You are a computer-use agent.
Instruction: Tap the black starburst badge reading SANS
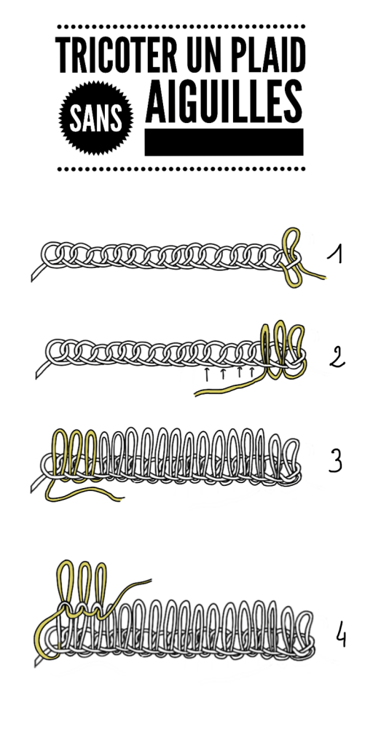(x=96, y=118)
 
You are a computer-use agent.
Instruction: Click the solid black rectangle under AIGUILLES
(x=224, y=142)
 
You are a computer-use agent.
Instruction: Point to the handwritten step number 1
(x=335, y=254)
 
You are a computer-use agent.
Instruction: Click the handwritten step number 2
(x=337, y=357)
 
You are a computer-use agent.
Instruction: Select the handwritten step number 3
(x=335, y=460)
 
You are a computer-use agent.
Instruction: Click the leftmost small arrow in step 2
(x=207, y=374)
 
